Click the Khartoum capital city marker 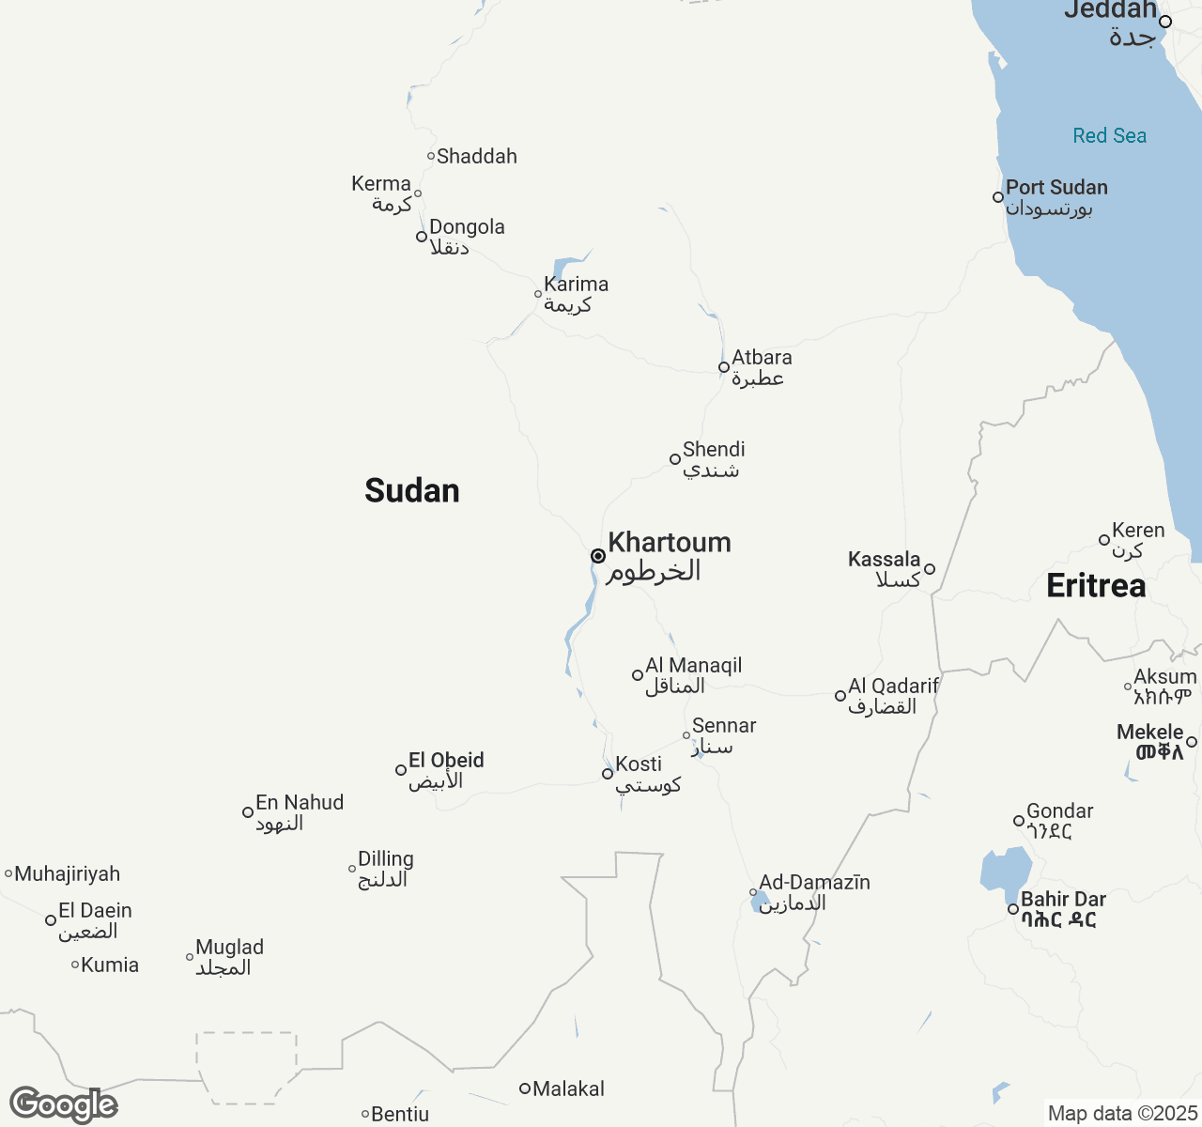point(597,556)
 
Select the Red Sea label point(1109,136)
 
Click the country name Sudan point(412,490)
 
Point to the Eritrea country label point(1096,586)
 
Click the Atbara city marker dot point(724,367)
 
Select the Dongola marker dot point(422,237)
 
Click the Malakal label point(568,1089)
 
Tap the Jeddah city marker point(1165,22)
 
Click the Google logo point(63,1104)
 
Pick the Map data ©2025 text point(1122,1114)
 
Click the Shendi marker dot point(674,459)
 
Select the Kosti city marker point(608,774)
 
